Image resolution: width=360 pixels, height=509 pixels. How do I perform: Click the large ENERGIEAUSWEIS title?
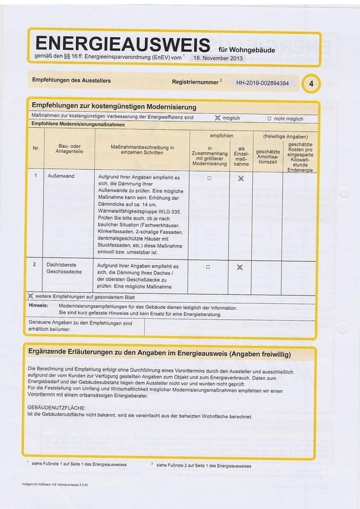click(122, 44)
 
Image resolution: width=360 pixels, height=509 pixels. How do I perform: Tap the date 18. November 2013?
click(218, 58)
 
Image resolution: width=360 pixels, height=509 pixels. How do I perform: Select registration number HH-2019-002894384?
click(262, 83)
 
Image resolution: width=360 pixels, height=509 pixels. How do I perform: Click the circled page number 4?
click(311, 83)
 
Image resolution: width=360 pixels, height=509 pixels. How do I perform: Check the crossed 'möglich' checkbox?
click(217, 118)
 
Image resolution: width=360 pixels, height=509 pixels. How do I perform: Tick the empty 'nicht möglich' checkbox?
click(269, 119)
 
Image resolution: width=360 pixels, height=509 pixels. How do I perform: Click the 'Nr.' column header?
click(36, 148)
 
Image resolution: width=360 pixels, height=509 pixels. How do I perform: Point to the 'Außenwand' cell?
click(60, 175)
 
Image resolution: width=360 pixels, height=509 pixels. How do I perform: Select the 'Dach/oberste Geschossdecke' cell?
click(61, 268)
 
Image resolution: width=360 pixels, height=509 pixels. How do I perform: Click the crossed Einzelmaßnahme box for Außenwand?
click(241, 178)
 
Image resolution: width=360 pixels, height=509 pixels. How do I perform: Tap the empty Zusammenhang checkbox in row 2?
click(208, 267)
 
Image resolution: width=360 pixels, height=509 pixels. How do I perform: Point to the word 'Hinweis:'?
click(38, 306)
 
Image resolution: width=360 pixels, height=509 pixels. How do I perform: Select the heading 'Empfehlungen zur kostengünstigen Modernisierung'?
click(114, 107)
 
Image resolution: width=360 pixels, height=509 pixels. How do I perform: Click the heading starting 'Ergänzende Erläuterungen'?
click(159, 354)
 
